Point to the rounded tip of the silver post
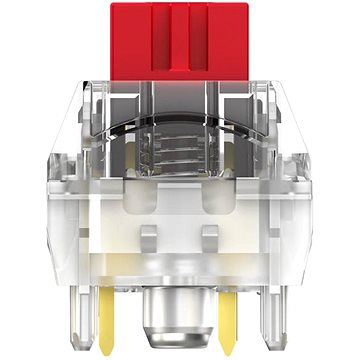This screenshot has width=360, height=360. click(180, 340)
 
